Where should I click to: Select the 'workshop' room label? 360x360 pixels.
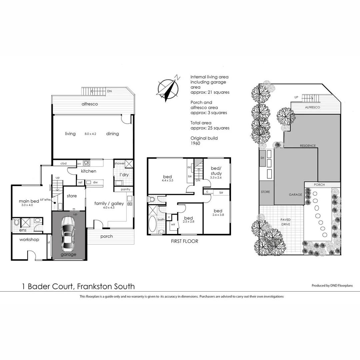(29, 240)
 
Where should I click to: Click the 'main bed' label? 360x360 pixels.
(29, 201)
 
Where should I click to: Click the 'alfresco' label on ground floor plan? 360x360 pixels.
(90, 104)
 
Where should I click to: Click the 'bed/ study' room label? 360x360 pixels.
(216, 171)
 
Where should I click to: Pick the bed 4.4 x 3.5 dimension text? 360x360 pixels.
(167, 180)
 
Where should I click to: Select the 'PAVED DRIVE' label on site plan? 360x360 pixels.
(285, 222)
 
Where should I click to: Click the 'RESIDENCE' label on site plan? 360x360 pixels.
(308, 146)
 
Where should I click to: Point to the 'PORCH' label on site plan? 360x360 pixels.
(319, 185)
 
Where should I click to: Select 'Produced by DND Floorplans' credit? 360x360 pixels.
(332, 285)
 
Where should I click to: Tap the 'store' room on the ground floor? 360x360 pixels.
(72, 196)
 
